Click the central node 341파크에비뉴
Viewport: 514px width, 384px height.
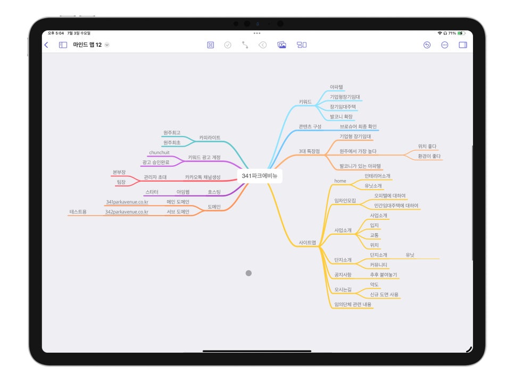click(x=259, y=176)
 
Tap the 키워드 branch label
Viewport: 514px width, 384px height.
click(x=305, y=102)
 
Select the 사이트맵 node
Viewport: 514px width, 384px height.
click(x=307, y=243)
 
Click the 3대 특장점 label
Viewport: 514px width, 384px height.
click(x=309, y=151)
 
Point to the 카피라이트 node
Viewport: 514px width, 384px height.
click(x=210, y=138)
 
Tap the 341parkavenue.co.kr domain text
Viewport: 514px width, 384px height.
click(x=127, y=202)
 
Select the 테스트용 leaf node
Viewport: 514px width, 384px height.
click(x=78, y=211)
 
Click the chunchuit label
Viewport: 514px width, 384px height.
click(x=159, y=152)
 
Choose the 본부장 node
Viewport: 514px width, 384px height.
click(x=119, y=172)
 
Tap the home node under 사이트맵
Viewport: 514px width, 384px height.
click(x=340, y=181)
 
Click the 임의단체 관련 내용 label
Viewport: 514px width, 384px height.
click(x=353, y=304)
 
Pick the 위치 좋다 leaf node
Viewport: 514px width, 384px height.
click(x=427, y=146)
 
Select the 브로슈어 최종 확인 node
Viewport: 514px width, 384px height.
click(x=358, y=126)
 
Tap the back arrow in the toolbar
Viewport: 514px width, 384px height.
click(x=46, y=45)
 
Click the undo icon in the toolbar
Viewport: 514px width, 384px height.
click(x=427, y=45)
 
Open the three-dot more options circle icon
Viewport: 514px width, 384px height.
click(x=444, y=45)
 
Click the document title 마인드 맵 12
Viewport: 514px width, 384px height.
click(x=87, y=45)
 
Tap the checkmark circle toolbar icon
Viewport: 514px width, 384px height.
click(x=228, y=45)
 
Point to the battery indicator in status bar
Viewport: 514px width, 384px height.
click(x=461, y=33)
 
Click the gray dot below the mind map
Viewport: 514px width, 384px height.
click(x=248, y=273)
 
